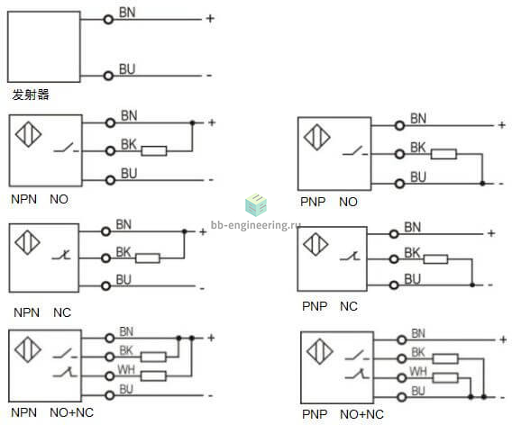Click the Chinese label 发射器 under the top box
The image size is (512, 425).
coord(31,95)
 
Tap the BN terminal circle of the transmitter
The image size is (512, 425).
coord(108,20)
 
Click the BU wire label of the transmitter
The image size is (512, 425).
coord(127,69)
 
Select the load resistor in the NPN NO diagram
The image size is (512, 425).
coord(154,151)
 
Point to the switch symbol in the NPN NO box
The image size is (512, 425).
coord(67,148)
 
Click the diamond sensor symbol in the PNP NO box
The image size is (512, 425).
coord(316,137)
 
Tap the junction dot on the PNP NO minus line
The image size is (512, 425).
coord(482,184)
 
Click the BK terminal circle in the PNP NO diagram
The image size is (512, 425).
coord(399,154)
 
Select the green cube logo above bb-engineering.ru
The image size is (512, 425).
coord(256,204)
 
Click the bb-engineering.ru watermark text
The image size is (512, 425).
coord(256,225)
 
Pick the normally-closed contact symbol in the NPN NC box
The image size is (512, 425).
coord(62,255)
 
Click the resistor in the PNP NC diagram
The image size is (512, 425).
coord(435,259)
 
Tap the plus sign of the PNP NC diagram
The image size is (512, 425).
coord(491,233)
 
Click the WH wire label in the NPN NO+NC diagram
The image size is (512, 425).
coord(126,369)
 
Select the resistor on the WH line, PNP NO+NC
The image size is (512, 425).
coord(445,378)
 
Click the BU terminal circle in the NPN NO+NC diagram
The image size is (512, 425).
coord(110,395)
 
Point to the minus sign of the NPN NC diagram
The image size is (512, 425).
coord(202,289)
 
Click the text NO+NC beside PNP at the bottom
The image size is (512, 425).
coord(361,414)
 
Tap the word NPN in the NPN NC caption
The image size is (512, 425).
coord(26,312)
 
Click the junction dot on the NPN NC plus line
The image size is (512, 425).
coord(184,231)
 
